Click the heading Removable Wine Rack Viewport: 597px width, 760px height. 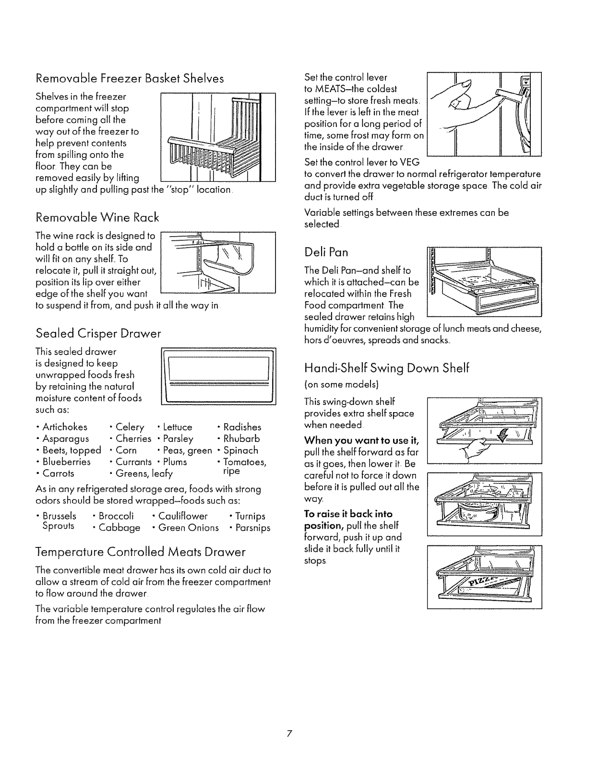(x=97, y=218)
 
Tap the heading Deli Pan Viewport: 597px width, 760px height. (x=326, y=252)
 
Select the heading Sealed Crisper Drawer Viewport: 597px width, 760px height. (x=98, y=333)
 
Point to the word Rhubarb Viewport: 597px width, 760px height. (x=241, y=439)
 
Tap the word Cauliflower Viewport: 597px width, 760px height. (x=182, y=516)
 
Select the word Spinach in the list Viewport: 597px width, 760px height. (x=240, y=450)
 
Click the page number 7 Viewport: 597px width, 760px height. (x=289, y=734)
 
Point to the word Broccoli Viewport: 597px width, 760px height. (x=116, y=516)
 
